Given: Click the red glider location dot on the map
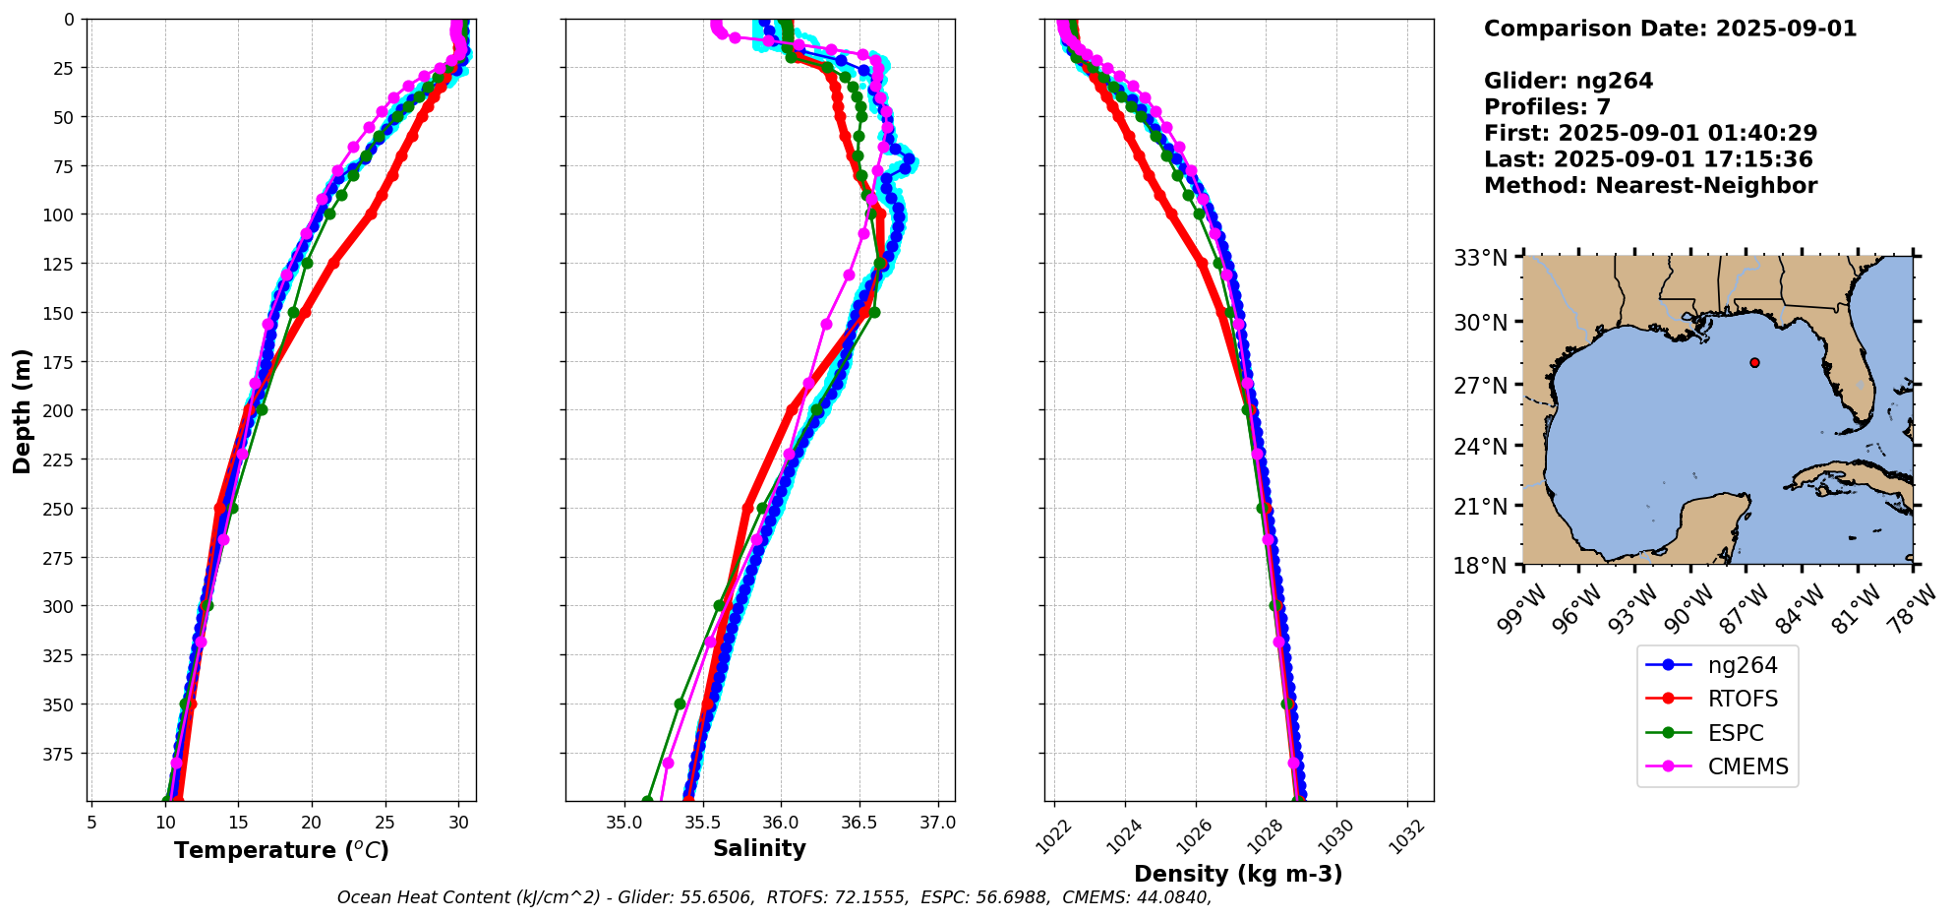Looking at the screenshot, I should coord(1754,363).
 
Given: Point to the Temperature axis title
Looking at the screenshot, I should coord(281,850).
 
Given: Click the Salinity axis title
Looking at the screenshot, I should coord(759,849).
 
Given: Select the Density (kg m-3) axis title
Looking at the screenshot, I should coord(1238,874).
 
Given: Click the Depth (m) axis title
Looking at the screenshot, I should coord(23,410).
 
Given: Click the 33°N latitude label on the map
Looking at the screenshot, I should coord(1481,259).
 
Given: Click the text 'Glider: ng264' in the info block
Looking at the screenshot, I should coord(1569,81).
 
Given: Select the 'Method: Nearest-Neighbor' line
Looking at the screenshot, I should coord(1650,186).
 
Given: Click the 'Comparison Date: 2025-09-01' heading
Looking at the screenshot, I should coord(1670,29).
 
